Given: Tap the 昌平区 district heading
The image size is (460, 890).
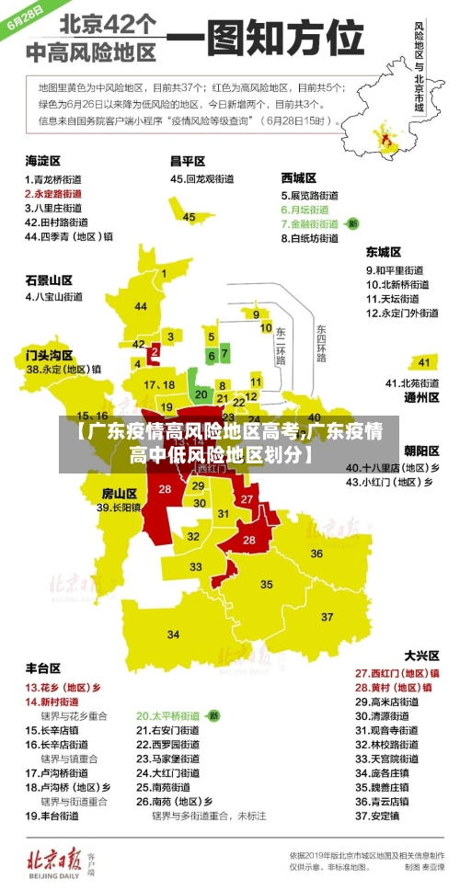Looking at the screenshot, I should click(187, 161).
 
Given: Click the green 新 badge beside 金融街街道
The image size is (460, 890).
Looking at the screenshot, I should click(352, 223).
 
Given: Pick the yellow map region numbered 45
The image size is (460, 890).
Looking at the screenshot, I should click(190, 217).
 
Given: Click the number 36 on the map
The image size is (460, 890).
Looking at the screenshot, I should click(316, 553).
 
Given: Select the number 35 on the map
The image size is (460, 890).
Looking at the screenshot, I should click(267, 584).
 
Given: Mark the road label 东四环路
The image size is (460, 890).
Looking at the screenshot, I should click(321, 343).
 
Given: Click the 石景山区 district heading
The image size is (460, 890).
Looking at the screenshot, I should click(48, 280).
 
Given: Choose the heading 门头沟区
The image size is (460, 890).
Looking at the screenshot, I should click(48, 354).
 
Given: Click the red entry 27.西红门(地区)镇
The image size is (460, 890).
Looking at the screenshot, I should click(397, 673).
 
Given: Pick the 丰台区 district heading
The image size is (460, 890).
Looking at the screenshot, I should click(42, 667).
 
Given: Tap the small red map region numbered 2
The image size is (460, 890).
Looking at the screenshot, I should click(155, 350).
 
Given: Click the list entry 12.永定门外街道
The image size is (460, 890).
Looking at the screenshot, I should click(402, 313).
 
